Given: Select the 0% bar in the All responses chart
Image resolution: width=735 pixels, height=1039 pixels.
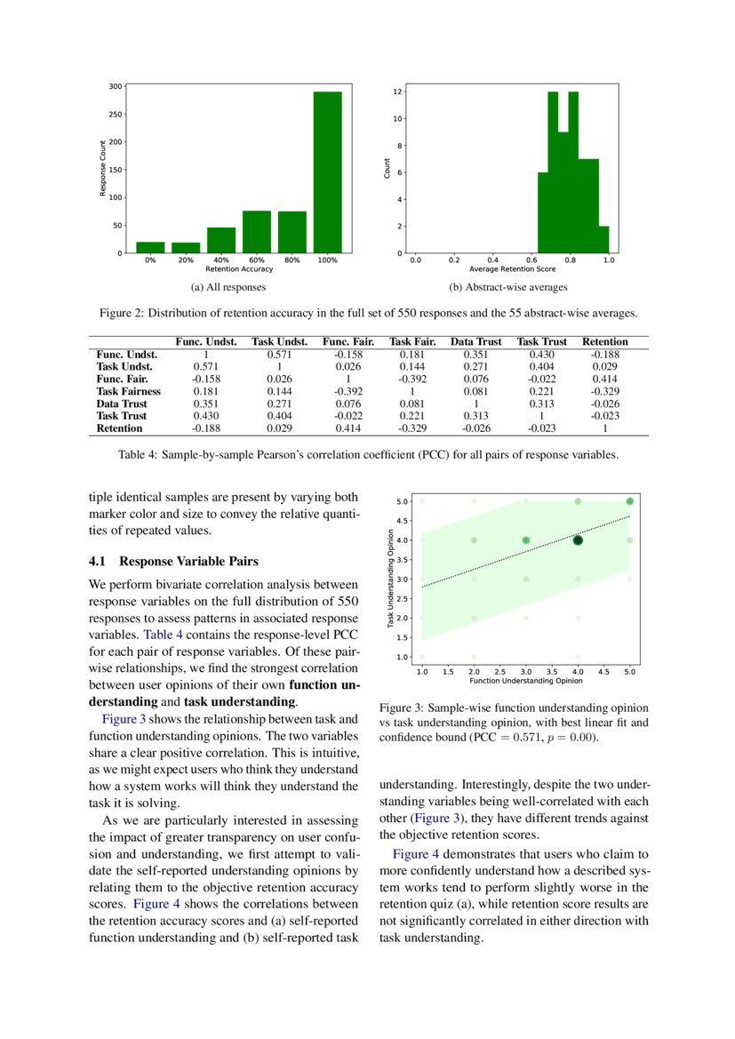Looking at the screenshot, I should coord(150,248).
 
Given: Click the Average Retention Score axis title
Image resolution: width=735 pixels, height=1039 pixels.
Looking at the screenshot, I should coord(513,268).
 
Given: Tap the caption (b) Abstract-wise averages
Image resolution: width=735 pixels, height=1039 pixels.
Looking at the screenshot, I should coord(508,287).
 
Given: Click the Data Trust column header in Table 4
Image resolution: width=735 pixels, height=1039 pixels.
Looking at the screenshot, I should coord(476,341).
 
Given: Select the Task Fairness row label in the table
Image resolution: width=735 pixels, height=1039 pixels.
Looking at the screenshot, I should coord(129,391).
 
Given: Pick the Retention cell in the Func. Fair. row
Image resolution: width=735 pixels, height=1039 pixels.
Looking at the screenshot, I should coord(605,379).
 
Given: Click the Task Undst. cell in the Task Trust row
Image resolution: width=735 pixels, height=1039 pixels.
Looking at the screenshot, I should coord(280,416).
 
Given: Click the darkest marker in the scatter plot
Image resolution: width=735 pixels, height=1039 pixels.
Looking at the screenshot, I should coord(578,539).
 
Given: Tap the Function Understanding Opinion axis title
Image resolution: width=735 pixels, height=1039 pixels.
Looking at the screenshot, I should coord(525,681).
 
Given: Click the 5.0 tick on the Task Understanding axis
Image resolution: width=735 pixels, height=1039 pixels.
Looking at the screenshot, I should coord(402,501).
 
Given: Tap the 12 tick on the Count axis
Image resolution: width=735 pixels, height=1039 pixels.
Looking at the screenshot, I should coord(400,92).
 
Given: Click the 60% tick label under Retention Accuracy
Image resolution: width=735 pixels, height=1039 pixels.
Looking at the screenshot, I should coord(256,260).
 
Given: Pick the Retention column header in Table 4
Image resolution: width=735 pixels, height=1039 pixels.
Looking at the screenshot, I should coord(605,341).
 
